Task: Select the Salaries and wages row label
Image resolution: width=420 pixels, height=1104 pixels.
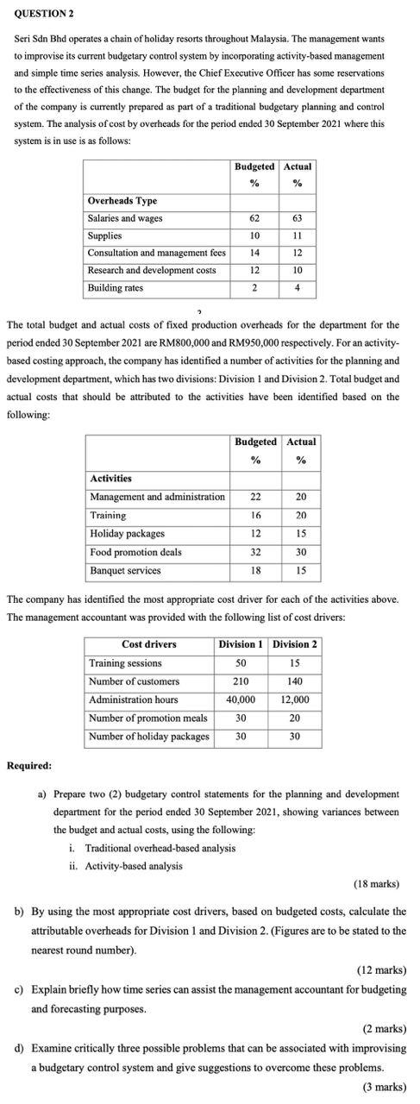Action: (x=125, y=218)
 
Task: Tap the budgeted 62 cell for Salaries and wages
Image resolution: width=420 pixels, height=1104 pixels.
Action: (x=254, y=218)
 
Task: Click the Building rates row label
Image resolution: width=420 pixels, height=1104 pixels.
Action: (x=116, y=287)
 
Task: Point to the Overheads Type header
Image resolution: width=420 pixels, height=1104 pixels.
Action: (x=122, y=200)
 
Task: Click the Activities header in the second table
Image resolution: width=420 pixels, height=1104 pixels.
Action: (x=111, y=478)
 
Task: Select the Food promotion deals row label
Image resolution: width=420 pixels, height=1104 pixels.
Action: (x=135, y=552)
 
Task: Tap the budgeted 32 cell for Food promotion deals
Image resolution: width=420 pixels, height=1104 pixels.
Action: (x=255, y=552)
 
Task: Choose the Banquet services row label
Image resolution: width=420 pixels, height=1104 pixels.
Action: (x=125, y=570)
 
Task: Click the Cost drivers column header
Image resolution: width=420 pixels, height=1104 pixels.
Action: (x=148, y=644)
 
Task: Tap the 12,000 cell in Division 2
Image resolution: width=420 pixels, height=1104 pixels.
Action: (x=295, y=699)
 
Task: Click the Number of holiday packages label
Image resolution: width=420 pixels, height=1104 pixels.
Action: (x=149, y=736)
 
